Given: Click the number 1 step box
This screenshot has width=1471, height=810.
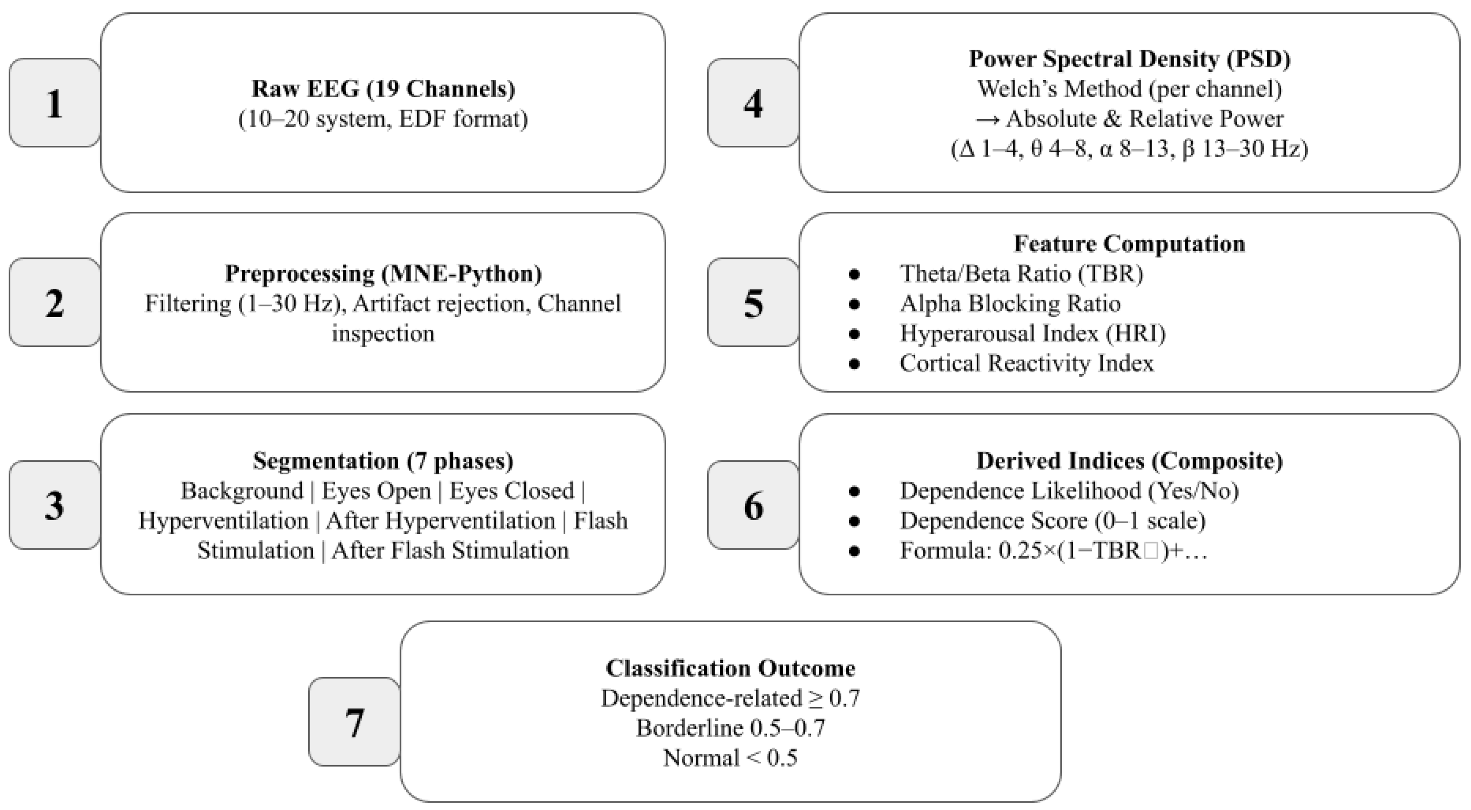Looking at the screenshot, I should coord(55,103).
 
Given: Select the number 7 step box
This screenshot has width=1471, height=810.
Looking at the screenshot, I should coord(354,722).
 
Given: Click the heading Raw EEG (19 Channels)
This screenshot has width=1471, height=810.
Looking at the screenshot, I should coord(383,88).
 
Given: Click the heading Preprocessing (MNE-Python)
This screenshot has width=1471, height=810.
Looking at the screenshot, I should coord(383,274).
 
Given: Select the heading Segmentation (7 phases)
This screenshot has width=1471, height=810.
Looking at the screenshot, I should coord(383,460).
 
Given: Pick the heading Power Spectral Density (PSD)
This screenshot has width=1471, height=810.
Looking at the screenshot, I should coord(1129,59).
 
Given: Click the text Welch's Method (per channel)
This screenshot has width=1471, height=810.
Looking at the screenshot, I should coord(1129,88).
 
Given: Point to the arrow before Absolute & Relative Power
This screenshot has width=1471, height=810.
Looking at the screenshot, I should coord(987,119).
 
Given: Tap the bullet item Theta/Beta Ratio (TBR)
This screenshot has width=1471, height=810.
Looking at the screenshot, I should coord(1021,274).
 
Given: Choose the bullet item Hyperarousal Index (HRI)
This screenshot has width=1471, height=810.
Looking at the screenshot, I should coord(1032,333).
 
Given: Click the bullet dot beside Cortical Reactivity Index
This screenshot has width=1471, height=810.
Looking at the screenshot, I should coord(854,364).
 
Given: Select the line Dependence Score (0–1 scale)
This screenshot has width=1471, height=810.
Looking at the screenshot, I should coord(1053,520).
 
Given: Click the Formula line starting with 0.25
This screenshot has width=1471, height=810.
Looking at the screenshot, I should coord(1053,551).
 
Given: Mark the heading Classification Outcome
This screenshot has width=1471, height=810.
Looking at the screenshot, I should coord(731,668).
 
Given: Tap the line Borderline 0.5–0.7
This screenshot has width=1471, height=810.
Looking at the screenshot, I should coord(731,728).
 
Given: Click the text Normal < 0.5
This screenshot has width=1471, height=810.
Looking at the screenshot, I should coord(731,758).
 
